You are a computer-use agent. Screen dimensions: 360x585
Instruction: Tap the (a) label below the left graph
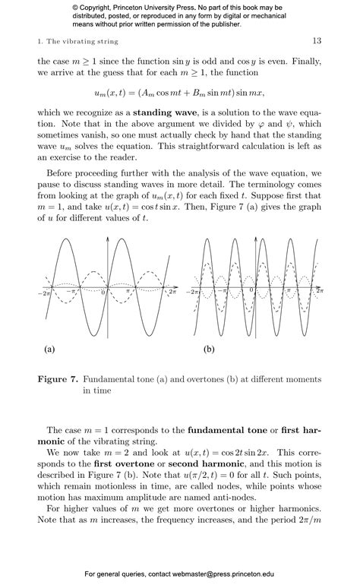pyautogui.click(x=49, y=349)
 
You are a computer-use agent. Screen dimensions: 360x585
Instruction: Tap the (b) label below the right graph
pyautogui.click(x=209, y=349)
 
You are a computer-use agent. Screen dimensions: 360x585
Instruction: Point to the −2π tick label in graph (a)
pyautogui.click(x=44, y=292)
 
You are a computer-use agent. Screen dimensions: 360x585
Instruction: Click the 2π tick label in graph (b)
pyautogui.click(x=319, y=291)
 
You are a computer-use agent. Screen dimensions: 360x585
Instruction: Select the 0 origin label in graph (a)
pyautogui.click(x=103, y=292)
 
